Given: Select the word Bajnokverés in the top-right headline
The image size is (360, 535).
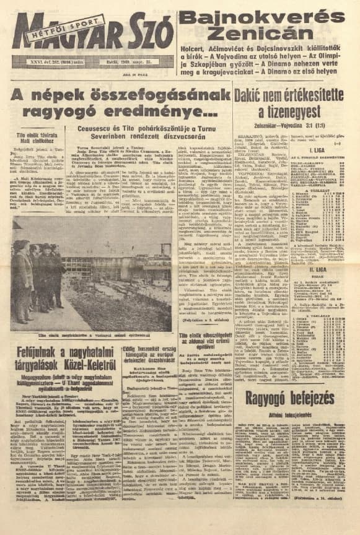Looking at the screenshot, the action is coord(267,15).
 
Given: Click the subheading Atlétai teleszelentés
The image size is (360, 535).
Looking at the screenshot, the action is coord(293,413).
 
